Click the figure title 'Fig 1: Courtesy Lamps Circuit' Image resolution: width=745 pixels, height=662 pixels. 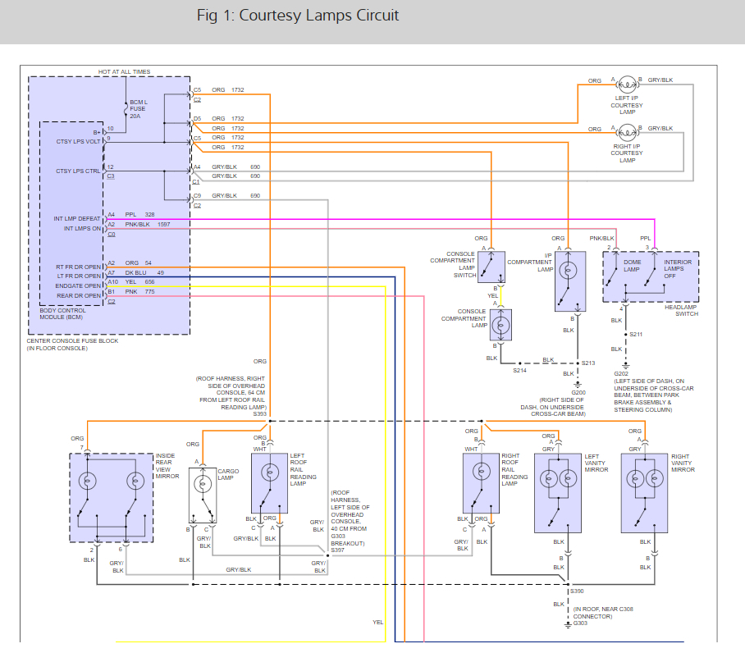pos(298,16)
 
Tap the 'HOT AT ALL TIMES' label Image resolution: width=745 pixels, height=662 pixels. pos(124,72)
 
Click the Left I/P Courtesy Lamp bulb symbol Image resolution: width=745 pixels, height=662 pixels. pos(627,83)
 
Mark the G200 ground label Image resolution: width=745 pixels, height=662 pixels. pos(578,392)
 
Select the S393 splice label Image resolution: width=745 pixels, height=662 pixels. pos(259,414)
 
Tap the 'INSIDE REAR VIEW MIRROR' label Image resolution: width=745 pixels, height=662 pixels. pos(167,466)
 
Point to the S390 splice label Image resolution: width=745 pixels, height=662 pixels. pos(579,591)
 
